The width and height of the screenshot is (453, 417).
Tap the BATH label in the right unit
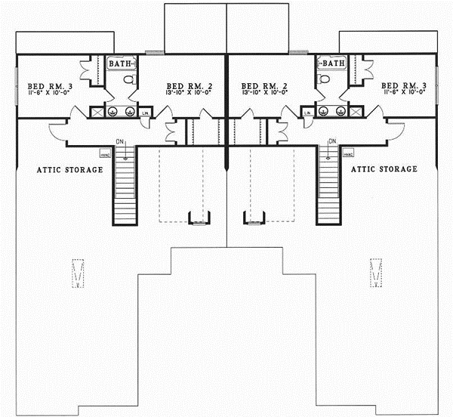coord(334,64)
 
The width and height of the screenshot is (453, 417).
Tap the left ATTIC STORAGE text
coord(69,170)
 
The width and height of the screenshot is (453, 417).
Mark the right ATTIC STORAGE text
coord(384,170)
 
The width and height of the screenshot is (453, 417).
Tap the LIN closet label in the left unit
coord(146,113)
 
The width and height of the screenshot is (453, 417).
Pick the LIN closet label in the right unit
coord(307,113)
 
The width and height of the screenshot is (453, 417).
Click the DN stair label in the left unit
coord(121,141)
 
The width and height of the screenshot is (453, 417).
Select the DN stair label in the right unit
coord(332,141)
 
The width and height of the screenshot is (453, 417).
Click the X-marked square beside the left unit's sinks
coord(97,112)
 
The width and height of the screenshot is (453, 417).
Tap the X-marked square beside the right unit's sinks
coord(356,112)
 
